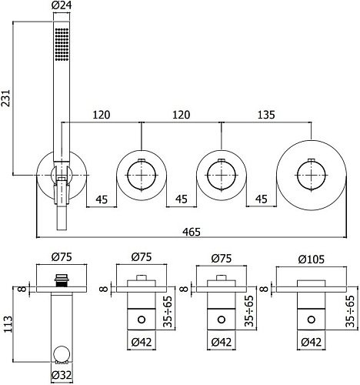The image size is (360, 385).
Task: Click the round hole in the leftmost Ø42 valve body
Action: tap(141, 318)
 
